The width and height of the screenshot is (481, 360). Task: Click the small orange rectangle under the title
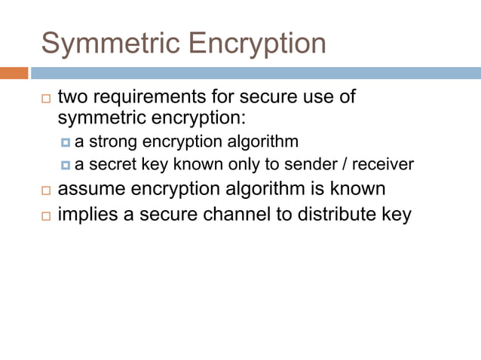(14, 73)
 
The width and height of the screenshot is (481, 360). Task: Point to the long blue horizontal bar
(256, 73)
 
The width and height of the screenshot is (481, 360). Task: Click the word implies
(86, 215)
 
